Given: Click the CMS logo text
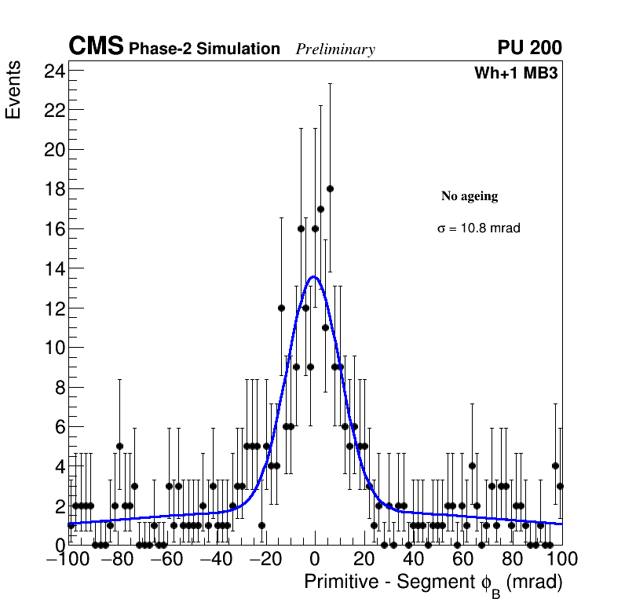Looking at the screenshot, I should click(96, 47).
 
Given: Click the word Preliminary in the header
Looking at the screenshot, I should click(335, 49).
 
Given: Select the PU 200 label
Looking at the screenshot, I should click(529, 48).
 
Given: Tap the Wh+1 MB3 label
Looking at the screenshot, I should click(515, 74).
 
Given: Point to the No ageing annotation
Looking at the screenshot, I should click(470, 196).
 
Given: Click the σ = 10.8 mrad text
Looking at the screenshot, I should click(479, 228).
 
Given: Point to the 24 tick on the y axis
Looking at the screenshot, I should click(55, 71).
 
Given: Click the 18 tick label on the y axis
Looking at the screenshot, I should click(55, 189).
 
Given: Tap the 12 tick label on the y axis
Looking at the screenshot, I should click(55, 308).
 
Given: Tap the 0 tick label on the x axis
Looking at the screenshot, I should click(315, 560).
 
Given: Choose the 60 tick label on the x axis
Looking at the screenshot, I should click(463, 560).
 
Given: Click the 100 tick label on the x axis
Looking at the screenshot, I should click(561, 560).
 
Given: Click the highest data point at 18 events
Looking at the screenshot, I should click(330, 188).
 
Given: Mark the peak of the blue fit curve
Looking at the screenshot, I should click(314, 276).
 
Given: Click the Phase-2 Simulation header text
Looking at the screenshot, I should click(204, 49).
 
